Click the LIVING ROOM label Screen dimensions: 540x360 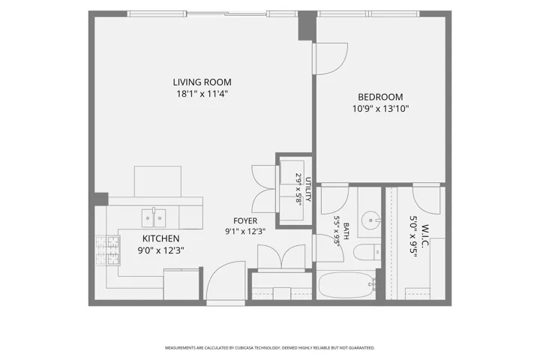click(202, 82)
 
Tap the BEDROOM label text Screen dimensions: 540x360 click(380, 97)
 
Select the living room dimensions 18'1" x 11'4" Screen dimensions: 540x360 click(202, 94)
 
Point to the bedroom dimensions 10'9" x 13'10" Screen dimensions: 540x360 click(380, 109)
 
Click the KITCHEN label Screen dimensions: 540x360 click(160, 238)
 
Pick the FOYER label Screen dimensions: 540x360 click(245, 220)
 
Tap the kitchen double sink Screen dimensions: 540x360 click(154, 218)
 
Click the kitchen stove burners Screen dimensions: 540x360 click(107, 250)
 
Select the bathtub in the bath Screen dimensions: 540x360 click(346, 285)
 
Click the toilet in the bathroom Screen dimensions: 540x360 click(367, 253)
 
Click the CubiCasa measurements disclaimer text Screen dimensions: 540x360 click(270, 348)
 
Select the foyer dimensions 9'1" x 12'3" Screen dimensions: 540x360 click(245, 232)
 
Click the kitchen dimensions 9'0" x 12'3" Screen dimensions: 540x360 click(160, 250)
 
